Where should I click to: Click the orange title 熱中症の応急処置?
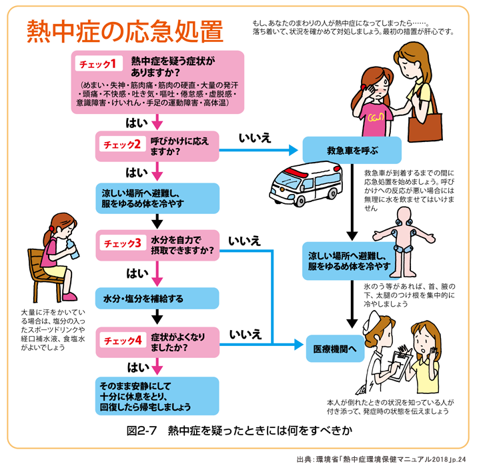[x=125, y=31]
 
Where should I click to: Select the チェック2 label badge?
[x=121, y=144]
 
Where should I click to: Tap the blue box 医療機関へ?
[x=336, y=348]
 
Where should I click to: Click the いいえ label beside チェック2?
[x=256, y=138]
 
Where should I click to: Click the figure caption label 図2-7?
[x=141, y=430]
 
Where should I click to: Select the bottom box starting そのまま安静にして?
[x=157, y=395]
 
